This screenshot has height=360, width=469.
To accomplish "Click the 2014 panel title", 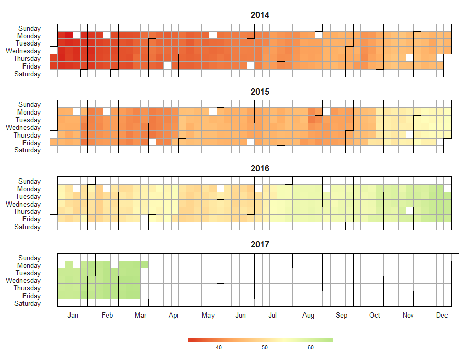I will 260,15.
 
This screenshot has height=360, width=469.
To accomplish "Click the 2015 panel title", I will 260,92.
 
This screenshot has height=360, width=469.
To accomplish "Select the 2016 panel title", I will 260,168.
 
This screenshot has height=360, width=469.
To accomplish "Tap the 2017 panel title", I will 260,245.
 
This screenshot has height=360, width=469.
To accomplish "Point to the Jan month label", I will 73,316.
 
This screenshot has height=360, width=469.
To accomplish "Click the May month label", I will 208,316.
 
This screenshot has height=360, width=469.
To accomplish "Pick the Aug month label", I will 308,316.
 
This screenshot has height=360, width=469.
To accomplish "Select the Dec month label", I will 442,316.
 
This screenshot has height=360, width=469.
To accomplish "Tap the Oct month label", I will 374,316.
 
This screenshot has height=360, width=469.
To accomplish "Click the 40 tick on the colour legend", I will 219,348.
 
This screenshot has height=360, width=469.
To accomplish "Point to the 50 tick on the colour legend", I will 265,348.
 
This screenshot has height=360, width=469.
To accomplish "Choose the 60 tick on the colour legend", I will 311,348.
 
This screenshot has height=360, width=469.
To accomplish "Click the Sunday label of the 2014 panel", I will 30,29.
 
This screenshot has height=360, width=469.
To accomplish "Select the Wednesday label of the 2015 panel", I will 24,127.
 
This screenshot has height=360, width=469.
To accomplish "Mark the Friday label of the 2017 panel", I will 32,296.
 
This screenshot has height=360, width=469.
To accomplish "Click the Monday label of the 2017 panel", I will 29,266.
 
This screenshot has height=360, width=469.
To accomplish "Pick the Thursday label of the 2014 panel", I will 27,59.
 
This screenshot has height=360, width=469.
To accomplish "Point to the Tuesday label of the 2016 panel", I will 28,196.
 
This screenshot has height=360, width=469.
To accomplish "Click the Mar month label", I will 140,316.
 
